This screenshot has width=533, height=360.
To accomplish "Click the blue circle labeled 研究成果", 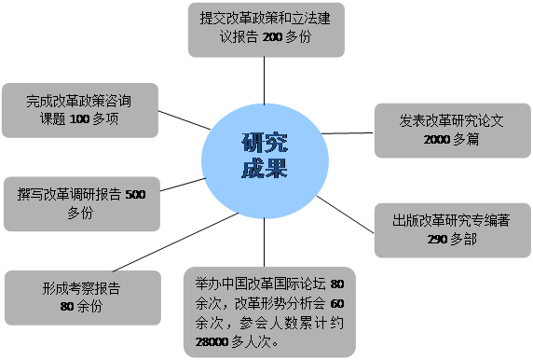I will point(265,156).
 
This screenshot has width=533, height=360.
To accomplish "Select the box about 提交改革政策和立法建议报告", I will point(266,28).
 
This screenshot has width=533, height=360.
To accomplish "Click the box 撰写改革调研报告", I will point(81,203).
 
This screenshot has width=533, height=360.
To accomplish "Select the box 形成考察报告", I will point(81,297).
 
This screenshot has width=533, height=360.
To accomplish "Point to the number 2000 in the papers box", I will point(437,140).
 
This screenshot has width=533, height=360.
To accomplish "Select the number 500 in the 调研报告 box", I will point(135,195).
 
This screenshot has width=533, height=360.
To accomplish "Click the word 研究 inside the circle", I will point(265,143).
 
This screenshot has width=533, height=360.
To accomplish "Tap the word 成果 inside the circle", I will point(265,169).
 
